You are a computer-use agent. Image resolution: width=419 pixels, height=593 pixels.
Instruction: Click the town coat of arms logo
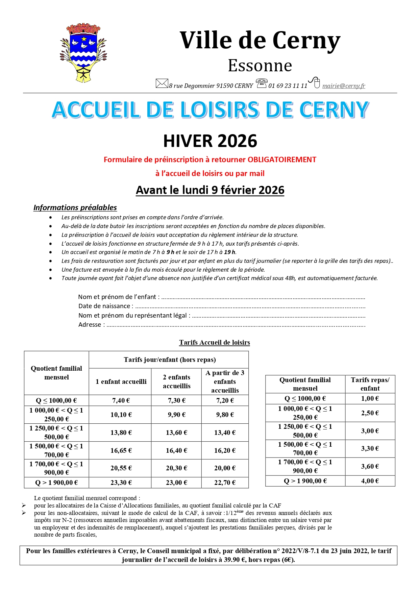tap(83, 53)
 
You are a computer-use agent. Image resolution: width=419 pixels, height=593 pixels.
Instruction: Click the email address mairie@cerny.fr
tap(344, 86)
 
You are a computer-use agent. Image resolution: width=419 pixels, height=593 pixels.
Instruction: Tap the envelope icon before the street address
tap(162, 83)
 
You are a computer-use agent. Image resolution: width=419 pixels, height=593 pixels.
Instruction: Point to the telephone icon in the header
tap(262, 83)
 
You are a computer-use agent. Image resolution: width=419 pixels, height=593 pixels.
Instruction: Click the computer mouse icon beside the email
tap(315, 82)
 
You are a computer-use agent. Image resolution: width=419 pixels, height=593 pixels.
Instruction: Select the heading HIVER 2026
tap(210, 141)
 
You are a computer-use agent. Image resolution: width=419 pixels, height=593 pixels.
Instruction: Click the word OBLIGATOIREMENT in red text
tap(282, 159)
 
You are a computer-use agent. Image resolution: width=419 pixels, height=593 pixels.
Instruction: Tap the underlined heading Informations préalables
tap(75, 207)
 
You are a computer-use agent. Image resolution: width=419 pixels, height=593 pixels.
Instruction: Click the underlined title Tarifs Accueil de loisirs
tap(215, 342)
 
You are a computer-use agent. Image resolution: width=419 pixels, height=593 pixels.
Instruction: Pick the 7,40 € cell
tap(121, 400)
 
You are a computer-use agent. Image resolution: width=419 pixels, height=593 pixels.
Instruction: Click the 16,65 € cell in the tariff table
tap(121, 450)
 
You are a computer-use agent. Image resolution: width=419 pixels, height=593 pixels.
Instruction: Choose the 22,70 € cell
tap(225, 483)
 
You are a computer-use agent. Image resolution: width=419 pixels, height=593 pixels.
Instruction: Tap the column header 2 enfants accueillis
tap(176, 381)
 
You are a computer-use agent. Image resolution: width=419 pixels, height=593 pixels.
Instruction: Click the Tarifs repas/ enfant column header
tap(370, 384)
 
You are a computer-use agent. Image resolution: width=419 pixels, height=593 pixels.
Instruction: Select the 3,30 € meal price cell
tap(370, 448)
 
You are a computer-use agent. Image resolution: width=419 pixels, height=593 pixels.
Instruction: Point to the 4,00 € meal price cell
tap(370, 481)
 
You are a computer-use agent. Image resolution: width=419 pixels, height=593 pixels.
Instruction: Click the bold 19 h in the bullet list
tap(229, 252)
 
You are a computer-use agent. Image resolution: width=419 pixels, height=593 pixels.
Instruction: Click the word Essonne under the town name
tap(260, 66)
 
